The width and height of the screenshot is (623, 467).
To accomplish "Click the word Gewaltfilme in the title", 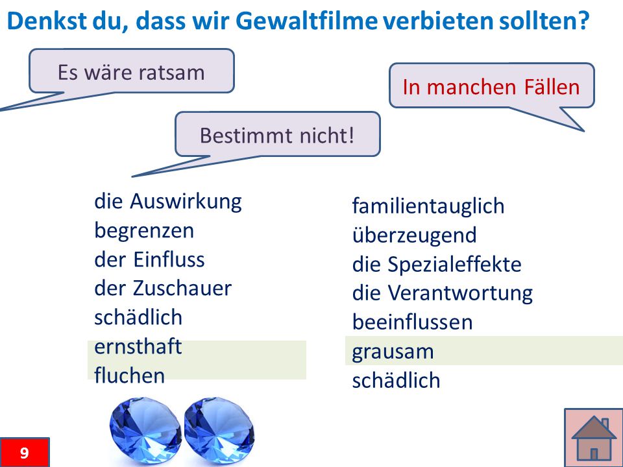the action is coord(306,21).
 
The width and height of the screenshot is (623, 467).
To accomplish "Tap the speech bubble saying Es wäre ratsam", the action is coord(132,71).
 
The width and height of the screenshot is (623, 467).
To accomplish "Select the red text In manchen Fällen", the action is coord(491,86).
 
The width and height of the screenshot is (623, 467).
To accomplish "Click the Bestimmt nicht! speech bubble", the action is coord(277,134).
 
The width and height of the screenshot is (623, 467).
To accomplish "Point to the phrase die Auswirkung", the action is coord(167,202).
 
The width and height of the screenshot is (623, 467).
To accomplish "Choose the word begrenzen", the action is coord(144,231).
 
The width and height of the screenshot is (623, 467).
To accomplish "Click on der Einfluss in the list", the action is coord(149,259).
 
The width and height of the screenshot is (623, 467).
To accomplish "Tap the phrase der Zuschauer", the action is coord(163,288).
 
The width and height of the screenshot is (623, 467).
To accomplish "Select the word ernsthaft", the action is coord(138,346).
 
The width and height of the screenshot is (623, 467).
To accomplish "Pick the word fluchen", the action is coord(130,376).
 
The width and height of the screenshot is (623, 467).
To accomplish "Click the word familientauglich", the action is coord(428,206).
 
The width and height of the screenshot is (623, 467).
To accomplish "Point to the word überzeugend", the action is coord(415,235).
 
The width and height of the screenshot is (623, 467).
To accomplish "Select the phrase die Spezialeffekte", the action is coord(437,264).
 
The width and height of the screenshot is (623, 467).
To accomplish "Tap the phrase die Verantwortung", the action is coord(442,293).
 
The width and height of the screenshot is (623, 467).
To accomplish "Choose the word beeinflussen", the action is coord(413,322).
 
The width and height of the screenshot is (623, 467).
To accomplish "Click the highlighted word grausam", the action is coord(393,352).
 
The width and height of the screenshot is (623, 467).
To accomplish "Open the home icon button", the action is coord(594,437).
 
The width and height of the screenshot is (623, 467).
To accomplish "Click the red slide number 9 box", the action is coord(25,452).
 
